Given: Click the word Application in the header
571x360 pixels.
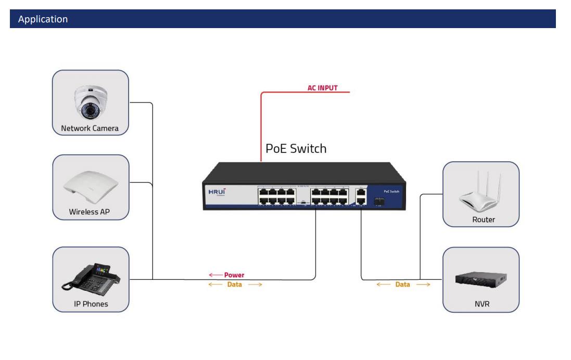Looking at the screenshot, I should click(x=43, y=19).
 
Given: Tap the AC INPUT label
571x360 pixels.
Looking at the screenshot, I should click(x=322, y=88).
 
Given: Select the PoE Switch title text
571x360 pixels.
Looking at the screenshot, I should click(x=296, y=148).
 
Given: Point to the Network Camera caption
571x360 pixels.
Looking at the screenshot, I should click(x=90, y=128).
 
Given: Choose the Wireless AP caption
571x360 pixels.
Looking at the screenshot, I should click(x=90, y=212).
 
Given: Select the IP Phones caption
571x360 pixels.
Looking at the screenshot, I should click(x=91, y=304).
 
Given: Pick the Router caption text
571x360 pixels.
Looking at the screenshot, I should click(x=484, y=220).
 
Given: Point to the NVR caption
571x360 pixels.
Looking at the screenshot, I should click(x=482, y=304).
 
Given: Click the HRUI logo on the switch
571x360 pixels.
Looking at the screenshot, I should click(x=217, y=192).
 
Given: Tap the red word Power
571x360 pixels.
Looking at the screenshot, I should click(x=234, y=275).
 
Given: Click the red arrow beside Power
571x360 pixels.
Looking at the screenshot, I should click(x=215, y=275).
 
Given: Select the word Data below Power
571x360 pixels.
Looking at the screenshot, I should click(x=235, y=285).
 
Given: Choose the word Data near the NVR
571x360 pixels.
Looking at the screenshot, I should click(x=402, y=285).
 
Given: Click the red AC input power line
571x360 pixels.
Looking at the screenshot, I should click(x=261, y=125).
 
